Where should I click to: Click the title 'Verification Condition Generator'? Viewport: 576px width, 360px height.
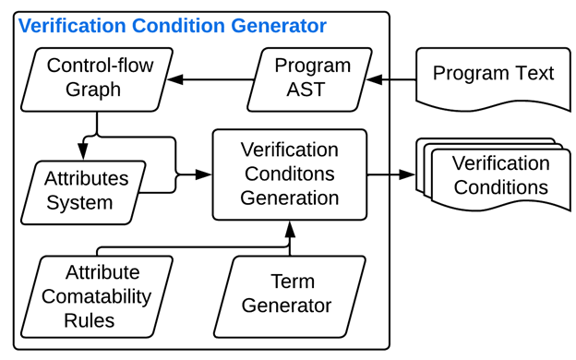[x=172, y=26]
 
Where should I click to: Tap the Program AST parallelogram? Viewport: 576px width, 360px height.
[x=312, y=78]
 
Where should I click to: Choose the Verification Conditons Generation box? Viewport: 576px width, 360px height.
[x=289, y=174]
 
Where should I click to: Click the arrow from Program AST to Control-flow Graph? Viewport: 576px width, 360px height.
[x=212, y=79]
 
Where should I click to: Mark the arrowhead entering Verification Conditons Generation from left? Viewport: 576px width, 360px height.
[x=204, y=174]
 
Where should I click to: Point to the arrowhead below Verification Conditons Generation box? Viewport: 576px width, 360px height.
[x=290, y=226]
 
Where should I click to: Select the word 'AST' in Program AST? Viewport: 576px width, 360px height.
[x=313, y=90]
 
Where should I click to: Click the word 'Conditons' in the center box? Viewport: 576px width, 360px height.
[x=289, y=174]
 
